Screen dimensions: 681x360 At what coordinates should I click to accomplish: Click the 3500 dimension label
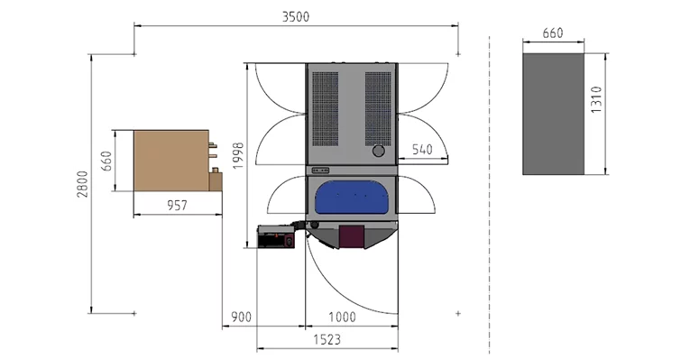(x=296, y=17)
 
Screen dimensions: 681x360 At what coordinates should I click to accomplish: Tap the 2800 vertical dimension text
(x=82, y=184)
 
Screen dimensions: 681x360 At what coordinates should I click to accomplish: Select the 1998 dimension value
(x=238, y=156)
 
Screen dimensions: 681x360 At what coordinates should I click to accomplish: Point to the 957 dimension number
(x=177, y=206)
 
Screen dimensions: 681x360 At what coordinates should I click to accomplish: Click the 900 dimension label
(x=241, y=318)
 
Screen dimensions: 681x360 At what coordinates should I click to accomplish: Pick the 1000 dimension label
(x=342, y=318)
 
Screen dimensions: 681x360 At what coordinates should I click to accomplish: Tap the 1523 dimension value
(x=327, y=339)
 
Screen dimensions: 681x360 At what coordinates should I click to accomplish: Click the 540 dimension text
(x=422, y=150)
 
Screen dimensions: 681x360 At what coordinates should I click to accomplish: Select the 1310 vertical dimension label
(x=597, y=100)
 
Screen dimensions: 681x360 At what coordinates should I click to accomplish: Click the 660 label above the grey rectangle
(x=553, y=33)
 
